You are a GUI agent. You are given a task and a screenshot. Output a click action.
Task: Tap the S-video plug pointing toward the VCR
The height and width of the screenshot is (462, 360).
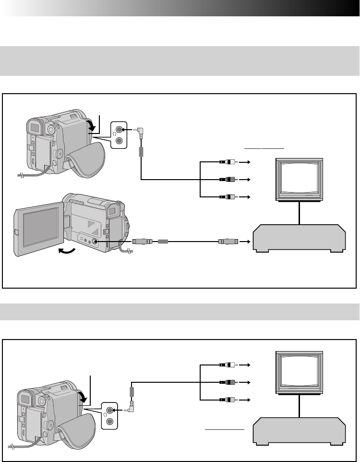coord(226,242)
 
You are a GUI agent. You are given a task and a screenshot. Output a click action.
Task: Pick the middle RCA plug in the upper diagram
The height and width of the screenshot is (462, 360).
coord(226,179)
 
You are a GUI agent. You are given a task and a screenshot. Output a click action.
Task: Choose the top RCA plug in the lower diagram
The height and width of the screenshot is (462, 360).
coord(226,365)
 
